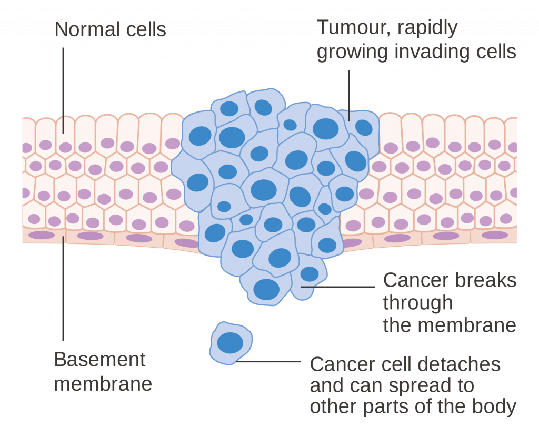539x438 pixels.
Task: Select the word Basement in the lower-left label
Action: point(99,360)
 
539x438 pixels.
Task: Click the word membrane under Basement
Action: point(103,384)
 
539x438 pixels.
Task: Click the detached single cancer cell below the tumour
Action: point(231,343)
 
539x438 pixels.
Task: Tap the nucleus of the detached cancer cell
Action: point(230,343)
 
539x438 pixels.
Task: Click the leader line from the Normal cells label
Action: point(63,90)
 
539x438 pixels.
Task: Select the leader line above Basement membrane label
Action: point(63,288)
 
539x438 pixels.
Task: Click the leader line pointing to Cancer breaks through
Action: point(337,287)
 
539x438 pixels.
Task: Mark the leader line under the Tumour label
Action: point(349,96)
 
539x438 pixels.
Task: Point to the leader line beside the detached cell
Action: point(268,361)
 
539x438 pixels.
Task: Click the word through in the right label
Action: point(417,303)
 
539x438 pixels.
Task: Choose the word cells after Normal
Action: point(146,29)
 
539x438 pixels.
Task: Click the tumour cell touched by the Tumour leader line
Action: point(360,130)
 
